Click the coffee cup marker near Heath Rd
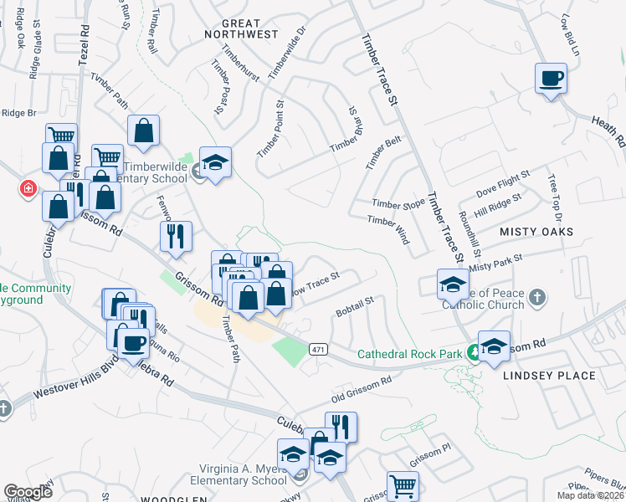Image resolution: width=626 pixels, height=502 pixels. [550, 79]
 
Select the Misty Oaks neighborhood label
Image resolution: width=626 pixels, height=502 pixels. [536, 231]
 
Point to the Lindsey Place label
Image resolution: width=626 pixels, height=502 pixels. [550, 376]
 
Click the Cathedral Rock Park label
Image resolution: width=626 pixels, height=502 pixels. [410, 354]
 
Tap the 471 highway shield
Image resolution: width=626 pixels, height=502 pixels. [316, 348]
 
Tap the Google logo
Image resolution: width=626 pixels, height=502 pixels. [28, 491]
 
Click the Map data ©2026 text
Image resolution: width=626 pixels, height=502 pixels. [590, 495]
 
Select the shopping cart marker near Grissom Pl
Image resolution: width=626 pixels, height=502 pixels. [403, 484]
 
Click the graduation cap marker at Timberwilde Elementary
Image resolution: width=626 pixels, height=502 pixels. [215, 162]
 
